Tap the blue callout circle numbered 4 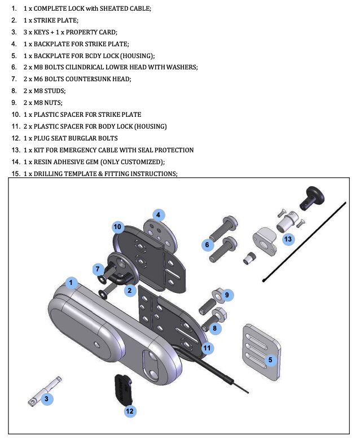[x=159, y=215]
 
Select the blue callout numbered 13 [x=288, y=239]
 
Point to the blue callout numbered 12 [x=130, y=411]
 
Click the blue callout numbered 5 [x=270, y=359]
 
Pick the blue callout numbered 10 [x=117, y=226]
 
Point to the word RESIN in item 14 [x=44, y=162]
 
